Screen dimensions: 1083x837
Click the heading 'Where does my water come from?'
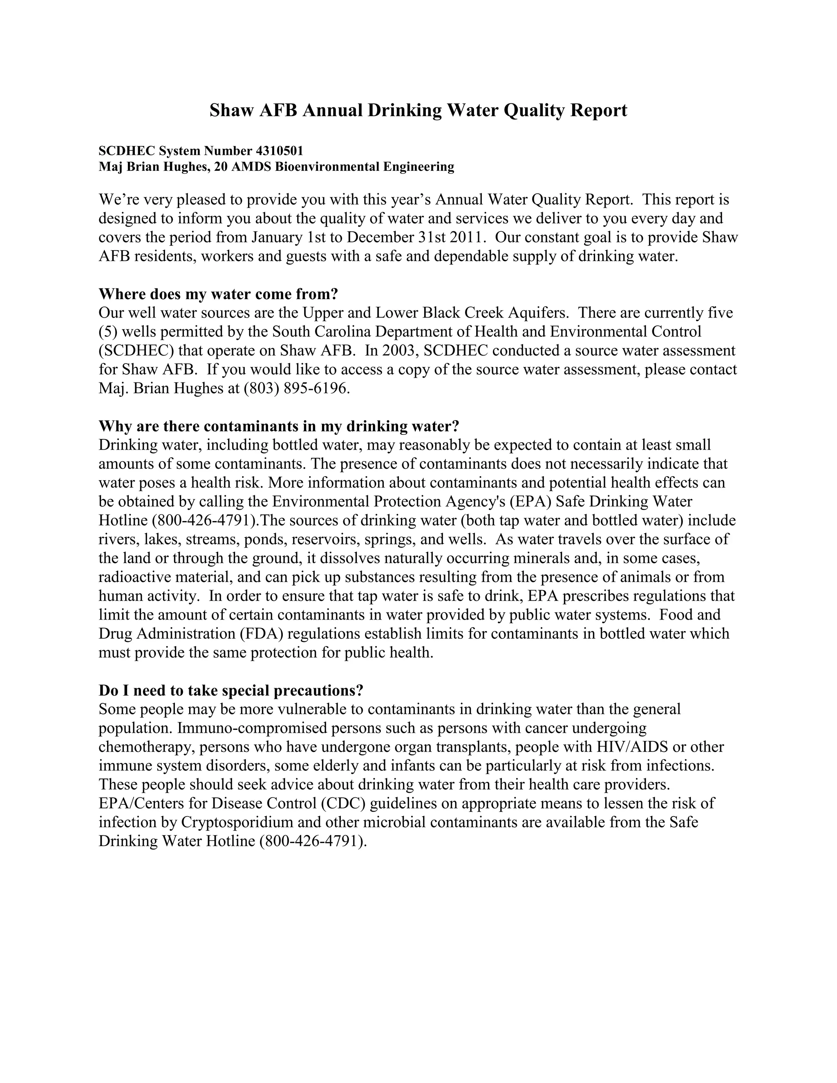coord(218,294)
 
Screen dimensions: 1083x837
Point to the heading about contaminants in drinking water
coord(279,426)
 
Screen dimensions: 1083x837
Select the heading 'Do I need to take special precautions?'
coord(231,690)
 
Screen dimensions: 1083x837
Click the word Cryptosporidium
coord(251,822)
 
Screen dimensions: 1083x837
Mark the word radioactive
coord(130,577)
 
